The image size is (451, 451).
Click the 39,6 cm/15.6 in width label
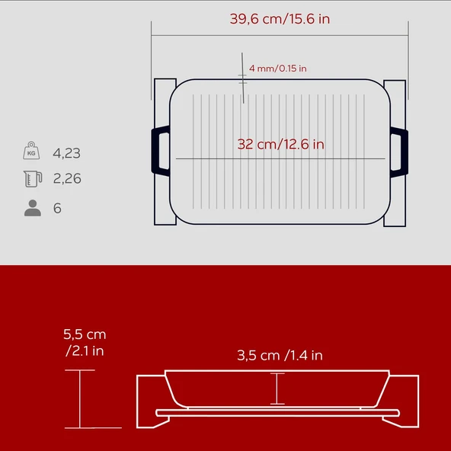pos(280,19)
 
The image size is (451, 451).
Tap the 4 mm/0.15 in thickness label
pos(278,69)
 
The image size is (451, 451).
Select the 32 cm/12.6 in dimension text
pos(280,144)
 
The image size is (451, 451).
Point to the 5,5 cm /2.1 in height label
pos(85,343)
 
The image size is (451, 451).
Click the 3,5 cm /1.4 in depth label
pos(280,356)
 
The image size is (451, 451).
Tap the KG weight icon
pos(31,150)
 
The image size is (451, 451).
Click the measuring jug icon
pos(33,179)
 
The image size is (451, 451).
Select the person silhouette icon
pos(33,208)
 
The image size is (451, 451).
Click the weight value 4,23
pos(67,153)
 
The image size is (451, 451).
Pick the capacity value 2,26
pos(67,178)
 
